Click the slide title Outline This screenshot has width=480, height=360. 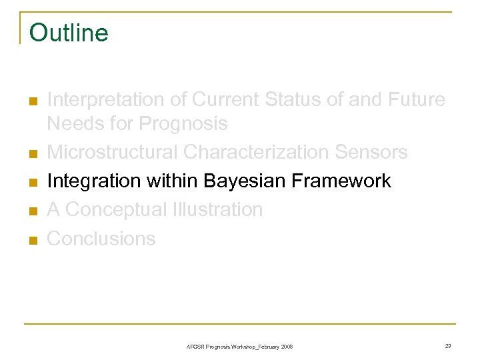click(69, 32)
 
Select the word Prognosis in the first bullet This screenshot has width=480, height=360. click(183, 124)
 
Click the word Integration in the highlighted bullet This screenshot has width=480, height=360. click(90, 181)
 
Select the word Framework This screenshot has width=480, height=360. click(343, 181)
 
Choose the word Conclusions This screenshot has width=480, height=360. click(101, 239)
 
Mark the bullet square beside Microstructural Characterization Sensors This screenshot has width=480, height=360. click(31, 154)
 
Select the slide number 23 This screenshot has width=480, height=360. click(448, 345)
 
